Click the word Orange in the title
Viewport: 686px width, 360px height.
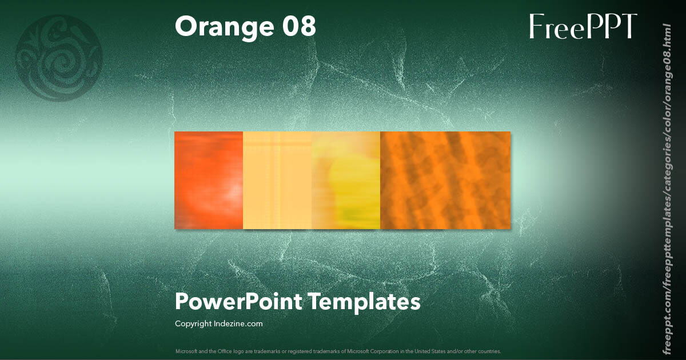221,27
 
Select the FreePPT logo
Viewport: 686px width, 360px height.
583,27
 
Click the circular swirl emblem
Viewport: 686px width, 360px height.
59,58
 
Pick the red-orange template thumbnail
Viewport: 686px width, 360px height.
209,180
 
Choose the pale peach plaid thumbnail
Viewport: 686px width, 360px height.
277,180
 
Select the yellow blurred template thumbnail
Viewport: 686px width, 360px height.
346,180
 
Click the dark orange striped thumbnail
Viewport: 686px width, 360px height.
445,180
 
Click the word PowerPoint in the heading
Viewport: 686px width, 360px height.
238,302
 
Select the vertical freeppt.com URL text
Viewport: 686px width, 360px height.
667,189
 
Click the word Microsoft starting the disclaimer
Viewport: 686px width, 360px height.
185,351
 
